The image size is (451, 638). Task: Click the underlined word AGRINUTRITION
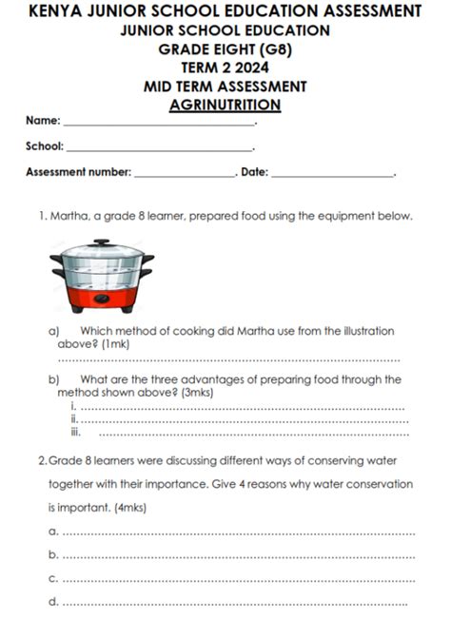click(x=225, y=105)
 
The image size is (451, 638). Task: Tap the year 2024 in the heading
click(x=250, y=68)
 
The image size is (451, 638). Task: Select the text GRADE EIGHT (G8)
click(x=225, y=49)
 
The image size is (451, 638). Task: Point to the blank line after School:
click(x=159, y=148)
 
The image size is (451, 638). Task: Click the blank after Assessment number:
click(x=185, y=174)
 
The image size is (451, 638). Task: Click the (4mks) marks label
click(x=125, y=508)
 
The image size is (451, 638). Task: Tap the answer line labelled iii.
click(x=252, y=434)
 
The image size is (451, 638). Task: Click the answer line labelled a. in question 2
click(x=238, y=532)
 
